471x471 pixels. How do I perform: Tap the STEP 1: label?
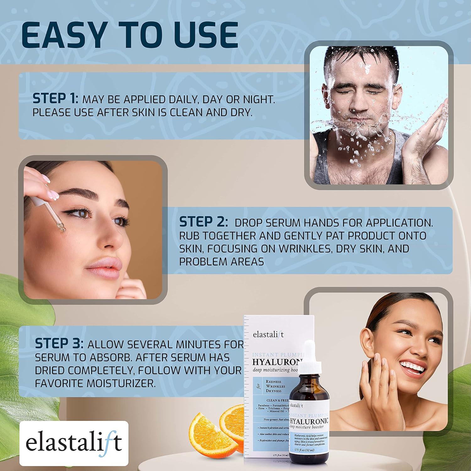(x=55, y=99)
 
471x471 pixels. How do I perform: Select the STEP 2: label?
(x=203, y=222)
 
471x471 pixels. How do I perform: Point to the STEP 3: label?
(x=59, y=344)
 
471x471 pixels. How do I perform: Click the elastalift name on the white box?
(x=268, y=334)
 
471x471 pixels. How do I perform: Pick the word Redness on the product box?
(x=273, y=381)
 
